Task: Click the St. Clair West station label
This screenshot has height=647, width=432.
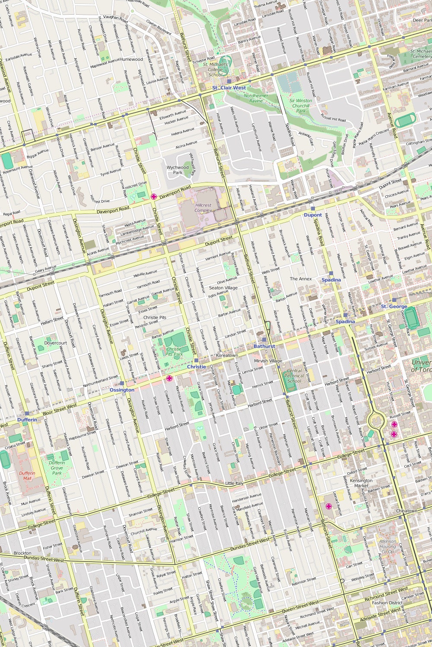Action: pos(229,88)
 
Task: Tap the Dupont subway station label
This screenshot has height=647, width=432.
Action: pos(313,215)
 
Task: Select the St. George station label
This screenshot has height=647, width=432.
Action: pos(394,306)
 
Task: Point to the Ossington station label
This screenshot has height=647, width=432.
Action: pos(122,390)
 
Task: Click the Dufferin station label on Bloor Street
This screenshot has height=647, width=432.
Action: pos(27,420)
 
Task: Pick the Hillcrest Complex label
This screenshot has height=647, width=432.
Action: pos(203,208)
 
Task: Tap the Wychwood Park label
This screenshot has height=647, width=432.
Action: pos(178,170)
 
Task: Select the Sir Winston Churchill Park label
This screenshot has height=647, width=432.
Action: pos(301,106)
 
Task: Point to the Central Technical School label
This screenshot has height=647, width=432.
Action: pos(294,376)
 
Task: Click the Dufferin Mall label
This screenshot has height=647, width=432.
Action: pos(27,476)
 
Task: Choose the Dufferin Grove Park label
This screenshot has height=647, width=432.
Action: pos(57,468)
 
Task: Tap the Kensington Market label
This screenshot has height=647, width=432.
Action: pos(361,483)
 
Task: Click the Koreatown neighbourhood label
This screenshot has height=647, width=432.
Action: pos(227,355)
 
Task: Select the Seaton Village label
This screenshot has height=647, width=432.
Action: pos(223,288)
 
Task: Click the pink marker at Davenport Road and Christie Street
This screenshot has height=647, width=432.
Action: pos(153,197)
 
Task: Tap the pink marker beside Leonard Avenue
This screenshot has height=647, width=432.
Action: pos(328,506)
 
